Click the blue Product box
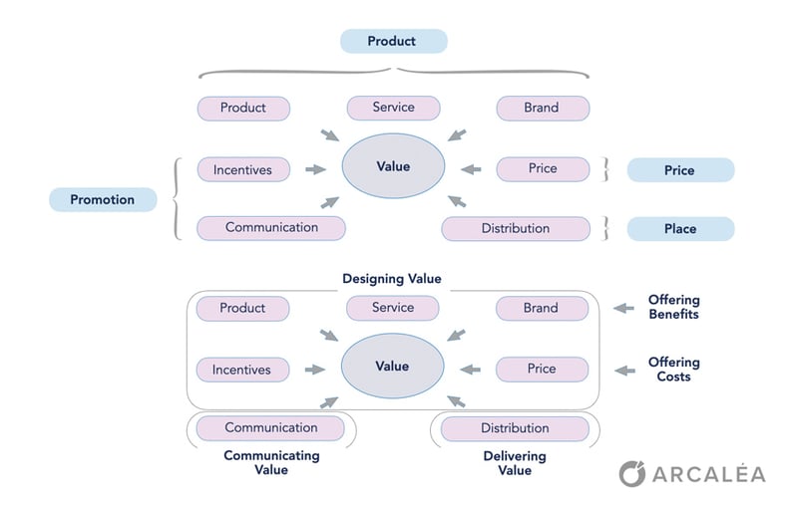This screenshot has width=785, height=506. coord(393,41)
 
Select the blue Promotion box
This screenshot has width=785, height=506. coord(103,199)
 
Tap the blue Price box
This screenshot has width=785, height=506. coord(679,170)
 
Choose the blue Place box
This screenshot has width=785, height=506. coord(679,229)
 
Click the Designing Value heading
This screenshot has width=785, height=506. coord(392,279)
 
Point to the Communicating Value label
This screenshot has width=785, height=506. coord(271,462)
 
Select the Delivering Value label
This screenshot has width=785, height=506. coord(515,462)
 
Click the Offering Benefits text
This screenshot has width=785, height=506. coord(674,307)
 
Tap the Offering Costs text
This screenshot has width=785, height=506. coord(674,370)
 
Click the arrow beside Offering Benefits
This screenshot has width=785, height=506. coord(623,309)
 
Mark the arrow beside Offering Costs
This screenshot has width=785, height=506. coord(623,371)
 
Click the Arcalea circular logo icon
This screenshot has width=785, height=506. coord(632,473)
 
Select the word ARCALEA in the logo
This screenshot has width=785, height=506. coord(710,474)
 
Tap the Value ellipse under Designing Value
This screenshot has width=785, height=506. coord(392,367)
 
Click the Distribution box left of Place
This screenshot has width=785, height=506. coord(515,228)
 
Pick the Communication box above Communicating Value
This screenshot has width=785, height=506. coord(271,428)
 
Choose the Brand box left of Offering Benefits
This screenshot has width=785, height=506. coord(542,309)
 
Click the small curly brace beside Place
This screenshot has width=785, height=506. coord(604,228)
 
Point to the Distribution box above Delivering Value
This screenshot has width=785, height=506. coord(515,428)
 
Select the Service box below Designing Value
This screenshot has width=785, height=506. coord(393,308)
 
